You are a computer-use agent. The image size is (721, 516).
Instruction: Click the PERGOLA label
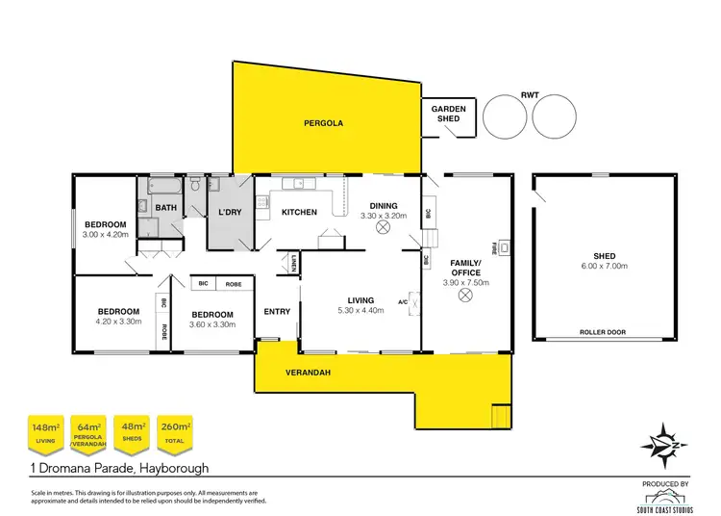click(323, 124)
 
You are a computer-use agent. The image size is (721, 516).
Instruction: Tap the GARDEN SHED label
click(448, 115)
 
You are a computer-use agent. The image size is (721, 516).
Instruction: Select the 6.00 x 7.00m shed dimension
click(605, 266)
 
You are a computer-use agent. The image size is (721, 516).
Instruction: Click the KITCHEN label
click(298, 212)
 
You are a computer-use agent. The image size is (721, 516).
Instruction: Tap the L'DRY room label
click(229, 212)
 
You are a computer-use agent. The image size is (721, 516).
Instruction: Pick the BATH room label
click(166, 208)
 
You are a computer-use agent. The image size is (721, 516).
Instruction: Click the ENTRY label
click(277, 311)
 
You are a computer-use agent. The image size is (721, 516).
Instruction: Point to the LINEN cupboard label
click(293, 261)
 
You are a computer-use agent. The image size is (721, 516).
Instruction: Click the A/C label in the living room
click(404, 301)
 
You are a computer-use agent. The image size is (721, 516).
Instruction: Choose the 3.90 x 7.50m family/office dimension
click(465, 282)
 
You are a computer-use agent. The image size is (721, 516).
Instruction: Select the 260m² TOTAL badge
click(176, 431)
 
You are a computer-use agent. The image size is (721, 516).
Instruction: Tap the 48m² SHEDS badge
click(133, 431)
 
